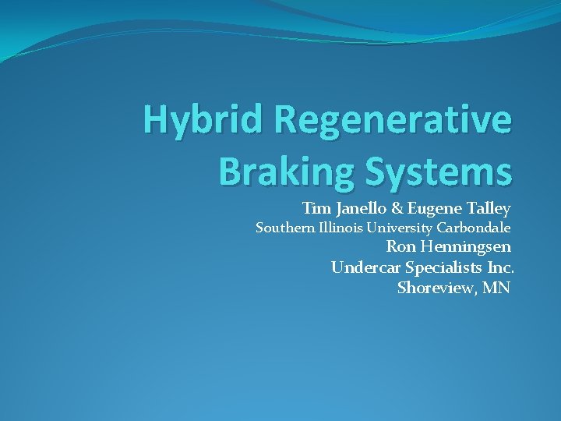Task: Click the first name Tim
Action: [316, 208]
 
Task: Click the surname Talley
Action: [488, 209]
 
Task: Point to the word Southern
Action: [286, 228]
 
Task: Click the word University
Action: [398, 228]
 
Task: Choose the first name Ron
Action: [401, 248]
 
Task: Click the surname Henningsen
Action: [466, 248]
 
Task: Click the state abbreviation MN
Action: [495, 288]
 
